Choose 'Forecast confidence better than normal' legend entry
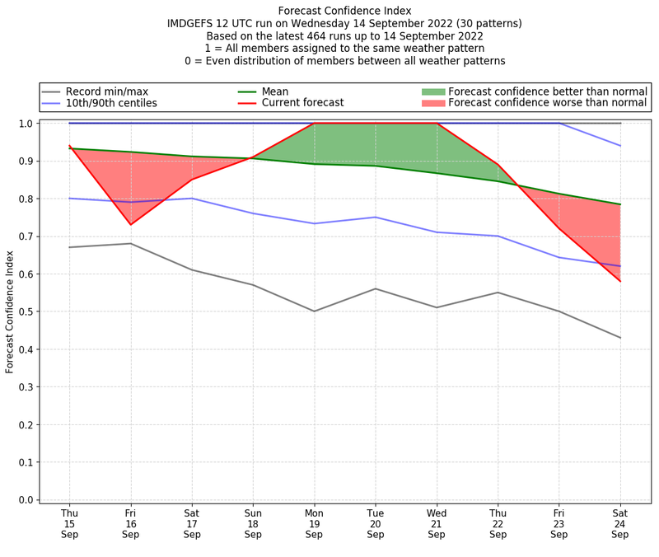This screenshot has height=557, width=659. pos(548,91)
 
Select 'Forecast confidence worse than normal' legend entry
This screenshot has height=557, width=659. pos(548,103)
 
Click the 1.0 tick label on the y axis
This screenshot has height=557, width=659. pos(26,124)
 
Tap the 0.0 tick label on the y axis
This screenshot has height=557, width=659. pos(26,500)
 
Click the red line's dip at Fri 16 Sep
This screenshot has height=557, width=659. pos(130,224)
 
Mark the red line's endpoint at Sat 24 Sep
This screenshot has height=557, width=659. pos(620,281)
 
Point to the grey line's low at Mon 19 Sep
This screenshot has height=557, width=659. pos(314,311)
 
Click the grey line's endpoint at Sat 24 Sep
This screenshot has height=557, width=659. pos(620,338)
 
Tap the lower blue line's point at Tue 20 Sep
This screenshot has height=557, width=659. pos(376,218)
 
